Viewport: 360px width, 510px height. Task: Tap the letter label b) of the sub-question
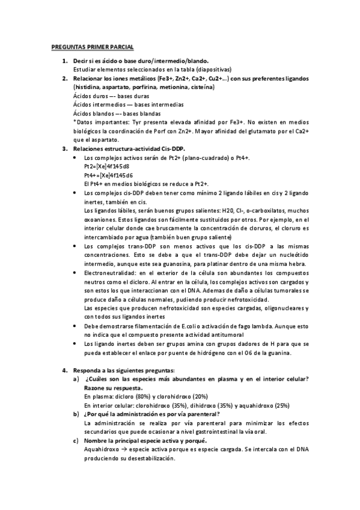(76, 414)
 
